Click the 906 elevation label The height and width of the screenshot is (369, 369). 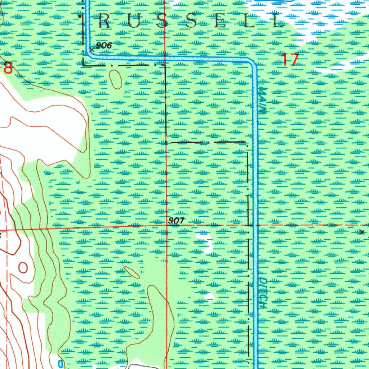tap(104, 45)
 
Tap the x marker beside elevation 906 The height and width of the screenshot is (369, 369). tap(92, 50)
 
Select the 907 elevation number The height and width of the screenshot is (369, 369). tap(176, 221)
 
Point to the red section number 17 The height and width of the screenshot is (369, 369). tap(290, 59)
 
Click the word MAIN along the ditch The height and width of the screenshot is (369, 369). tap(263, 101)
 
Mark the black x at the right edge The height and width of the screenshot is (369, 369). tap(362, 232)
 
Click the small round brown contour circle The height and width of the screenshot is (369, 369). tap(23, 267)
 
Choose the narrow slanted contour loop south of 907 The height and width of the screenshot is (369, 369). tap(132, 272)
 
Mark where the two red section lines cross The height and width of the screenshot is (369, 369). tap(166, 226)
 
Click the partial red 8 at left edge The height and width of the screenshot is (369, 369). tap(7, 68)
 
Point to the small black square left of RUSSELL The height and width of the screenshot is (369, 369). tap(80, 17)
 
